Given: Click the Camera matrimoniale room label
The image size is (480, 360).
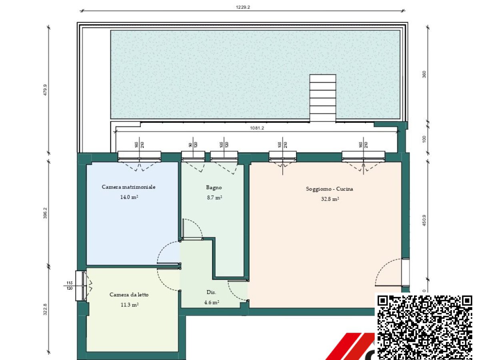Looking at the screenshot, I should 128,187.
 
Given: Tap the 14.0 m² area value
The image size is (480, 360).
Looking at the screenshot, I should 128,197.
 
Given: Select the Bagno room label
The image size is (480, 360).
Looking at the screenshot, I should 214,187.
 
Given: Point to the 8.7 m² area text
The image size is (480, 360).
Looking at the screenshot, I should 214,197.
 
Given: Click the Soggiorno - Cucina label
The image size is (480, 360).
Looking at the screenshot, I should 330,189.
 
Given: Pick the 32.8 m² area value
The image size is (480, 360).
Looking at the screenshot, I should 330,199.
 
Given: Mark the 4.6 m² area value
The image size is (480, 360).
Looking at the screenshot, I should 211,302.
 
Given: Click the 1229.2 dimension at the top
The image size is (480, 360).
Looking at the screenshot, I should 243,7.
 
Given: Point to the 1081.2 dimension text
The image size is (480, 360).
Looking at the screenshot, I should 257,128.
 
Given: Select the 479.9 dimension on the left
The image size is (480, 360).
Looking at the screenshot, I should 45,90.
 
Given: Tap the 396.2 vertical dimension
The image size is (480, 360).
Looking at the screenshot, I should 45,212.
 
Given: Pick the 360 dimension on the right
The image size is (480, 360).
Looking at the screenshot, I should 424,74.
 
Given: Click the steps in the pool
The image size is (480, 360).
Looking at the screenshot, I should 322,98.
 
